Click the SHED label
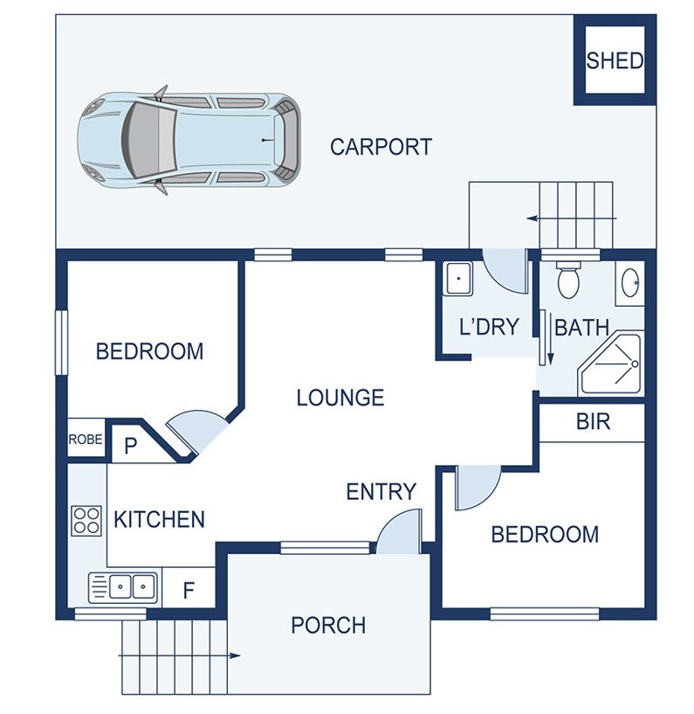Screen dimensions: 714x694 615,60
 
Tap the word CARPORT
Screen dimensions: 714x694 381,147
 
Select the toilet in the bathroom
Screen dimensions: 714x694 568,279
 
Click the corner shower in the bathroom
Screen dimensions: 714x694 614,363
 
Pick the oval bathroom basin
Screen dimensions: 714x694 630,283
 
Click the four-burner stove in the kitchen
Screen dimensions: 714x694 86,520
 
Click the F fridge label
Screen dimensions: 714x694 188,590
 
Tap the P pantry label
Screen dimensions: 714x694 131,447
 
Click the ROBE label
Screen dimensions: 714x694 86,440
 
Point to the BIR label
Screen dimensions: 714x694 593,422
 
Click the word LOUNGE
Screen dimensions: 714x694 340,398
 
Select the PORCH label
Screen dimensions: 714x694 328,625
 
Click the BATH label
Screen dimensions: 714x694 581,328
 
